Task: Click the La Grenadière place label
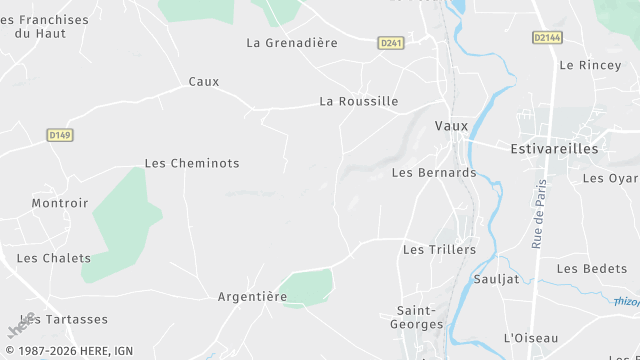292,43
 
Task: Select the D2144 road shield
547,37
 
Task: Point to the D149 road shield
60,134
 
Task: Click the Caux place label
204,82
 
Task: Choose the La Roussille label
359,101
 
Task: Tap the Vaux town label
452,126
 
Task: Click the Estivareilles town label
554,149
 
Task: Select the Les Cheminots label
192,163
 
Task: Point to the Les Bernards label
434,172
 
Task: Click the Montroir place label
60,203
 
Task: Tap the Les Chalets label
54,258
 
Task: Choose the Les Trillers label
439,249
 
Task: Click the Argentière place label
253,297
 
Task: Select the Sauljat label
497,279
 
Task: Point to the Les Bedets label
592,269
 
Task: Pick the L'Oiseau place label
531,338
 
